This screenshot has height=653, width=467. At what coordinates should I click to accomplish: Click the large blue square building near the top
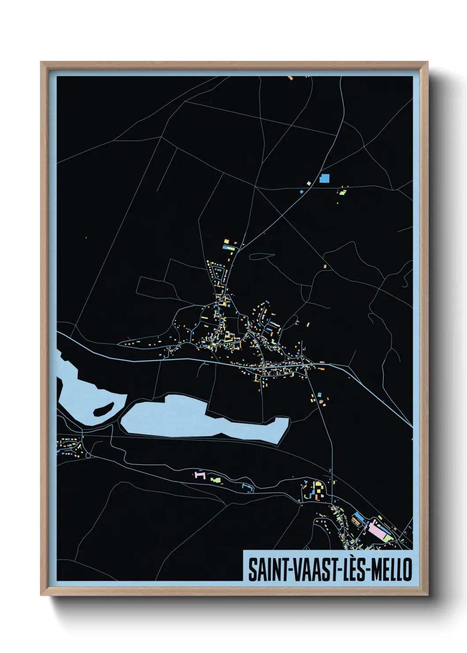pos(324,178)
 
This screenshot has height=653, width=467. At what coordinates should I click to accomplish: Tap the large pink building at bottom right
pos(377,529)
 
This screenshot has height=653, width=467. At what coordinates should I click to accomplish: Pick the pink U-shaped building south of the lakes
pos(200,475)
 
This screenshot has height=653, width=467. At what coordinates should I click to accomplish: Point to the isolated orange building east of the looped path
pos(325,266)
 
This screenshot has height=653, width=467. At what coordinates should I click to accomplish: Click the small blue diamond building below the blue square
pos(302,192)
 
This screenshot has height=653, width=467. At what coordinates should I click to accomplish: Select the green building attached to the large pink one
pos(387,538)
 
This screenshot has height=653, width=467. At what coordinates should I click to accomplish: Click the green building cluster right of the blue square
pos(343,191)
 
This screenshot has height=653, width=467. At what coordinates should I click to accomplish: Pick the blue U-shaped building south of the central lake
pos(247,487)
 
